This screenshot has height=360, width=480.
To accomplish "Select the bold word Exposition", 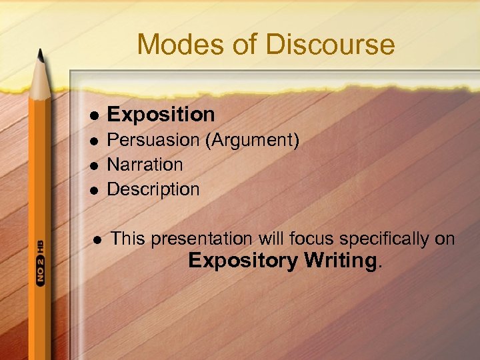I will [161, 114].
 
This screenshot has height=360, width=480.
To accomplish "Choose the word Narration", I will [145, 164].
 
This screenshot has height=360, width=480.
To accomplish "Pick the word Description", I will [153, 189].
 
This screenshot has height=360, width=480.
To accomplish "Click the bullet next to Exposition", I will [95, 115].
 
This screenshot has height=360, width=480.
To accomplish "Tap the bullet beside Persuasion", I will [95, 141].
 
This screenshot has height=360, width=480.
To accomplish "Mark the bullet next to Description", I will [95, 190].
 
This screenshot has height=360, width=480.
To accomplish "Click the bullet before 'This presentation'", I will [97, 239].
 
